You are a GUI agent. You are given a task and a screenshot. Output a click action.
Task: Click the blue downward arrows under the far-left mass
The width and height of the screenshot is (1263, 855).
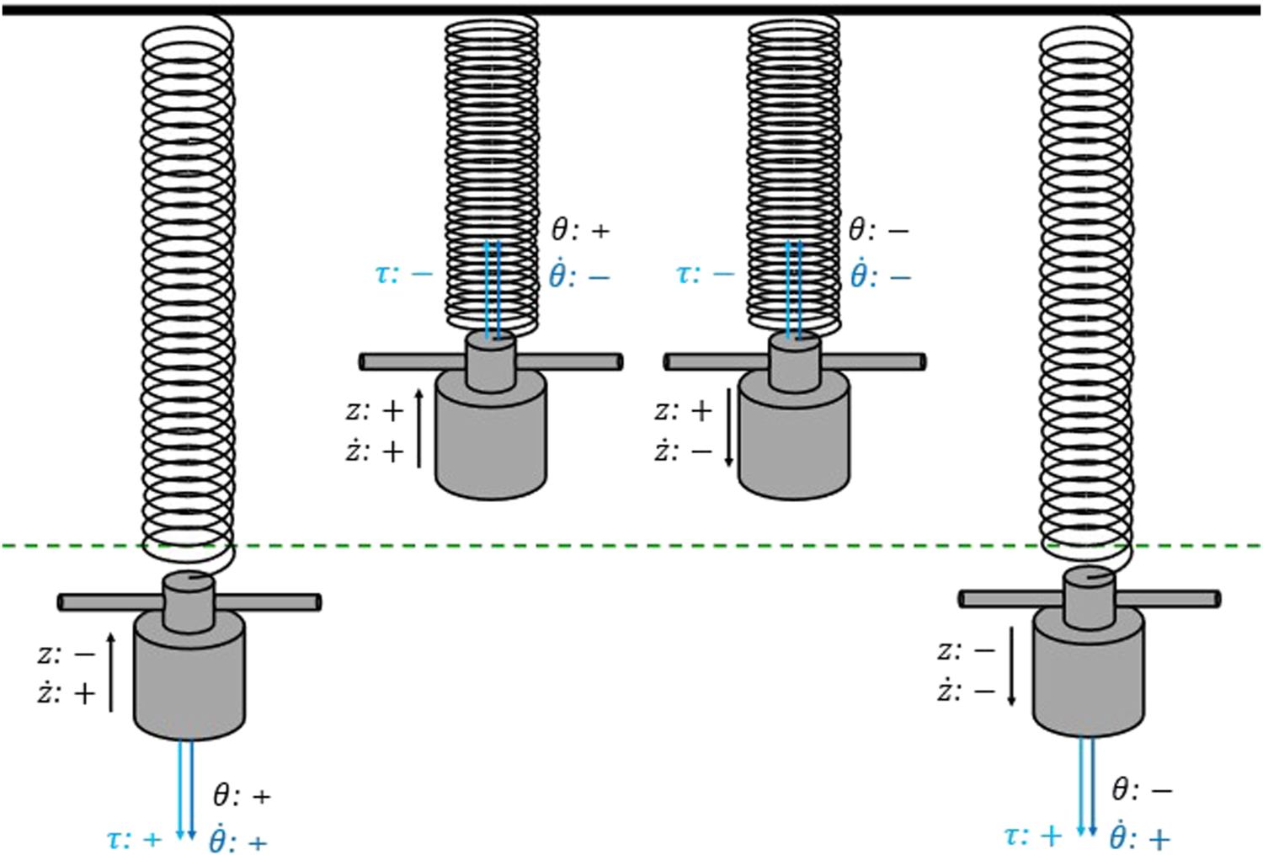(185, 788)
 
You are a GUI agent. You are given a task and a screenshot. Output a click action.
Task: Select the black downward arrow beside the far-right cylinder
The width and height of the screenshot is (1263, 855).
(1011, 665)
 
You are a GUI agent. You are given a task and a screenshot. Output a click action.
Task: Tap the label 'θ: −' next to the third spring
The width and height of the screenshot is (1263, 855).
(878, 229)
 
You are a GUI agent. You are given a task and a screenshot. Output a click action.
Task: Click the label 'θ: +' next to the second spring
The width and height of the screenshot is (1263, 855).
(579, 230)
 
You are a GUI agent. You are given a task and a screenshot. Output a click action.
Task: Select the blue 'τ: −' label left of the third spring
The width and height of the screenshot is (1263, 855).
(705, 274)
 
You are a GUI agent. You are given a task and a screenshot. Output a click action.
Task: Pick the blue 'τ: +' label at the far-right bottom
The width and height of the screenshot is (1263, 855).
(1032, 836)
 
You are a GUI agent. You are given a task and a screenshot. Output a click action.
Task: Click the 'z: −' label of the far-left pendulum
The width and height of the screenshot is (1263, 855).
(67, 654)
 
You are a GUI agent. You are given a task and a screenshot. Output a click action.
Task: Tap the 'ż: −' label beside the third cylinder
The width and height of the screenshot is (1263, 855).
(683, 452)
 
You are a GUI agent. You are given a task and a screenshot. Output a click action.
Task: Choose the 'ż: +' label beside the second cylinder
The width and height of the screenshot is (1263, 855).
(375, 452)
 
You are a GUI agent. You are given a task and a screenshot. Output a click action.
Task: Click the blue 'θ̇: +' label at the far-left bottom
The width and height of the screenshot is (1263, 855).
(238, 841)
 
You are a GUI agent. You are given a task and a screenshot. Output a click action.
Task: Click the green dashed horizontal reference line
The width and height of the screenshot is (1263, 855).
(631, 546)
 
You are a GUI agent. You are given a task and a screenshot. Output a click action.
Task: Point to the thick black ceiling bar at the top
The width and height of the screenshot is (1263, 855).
(631, 10)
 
